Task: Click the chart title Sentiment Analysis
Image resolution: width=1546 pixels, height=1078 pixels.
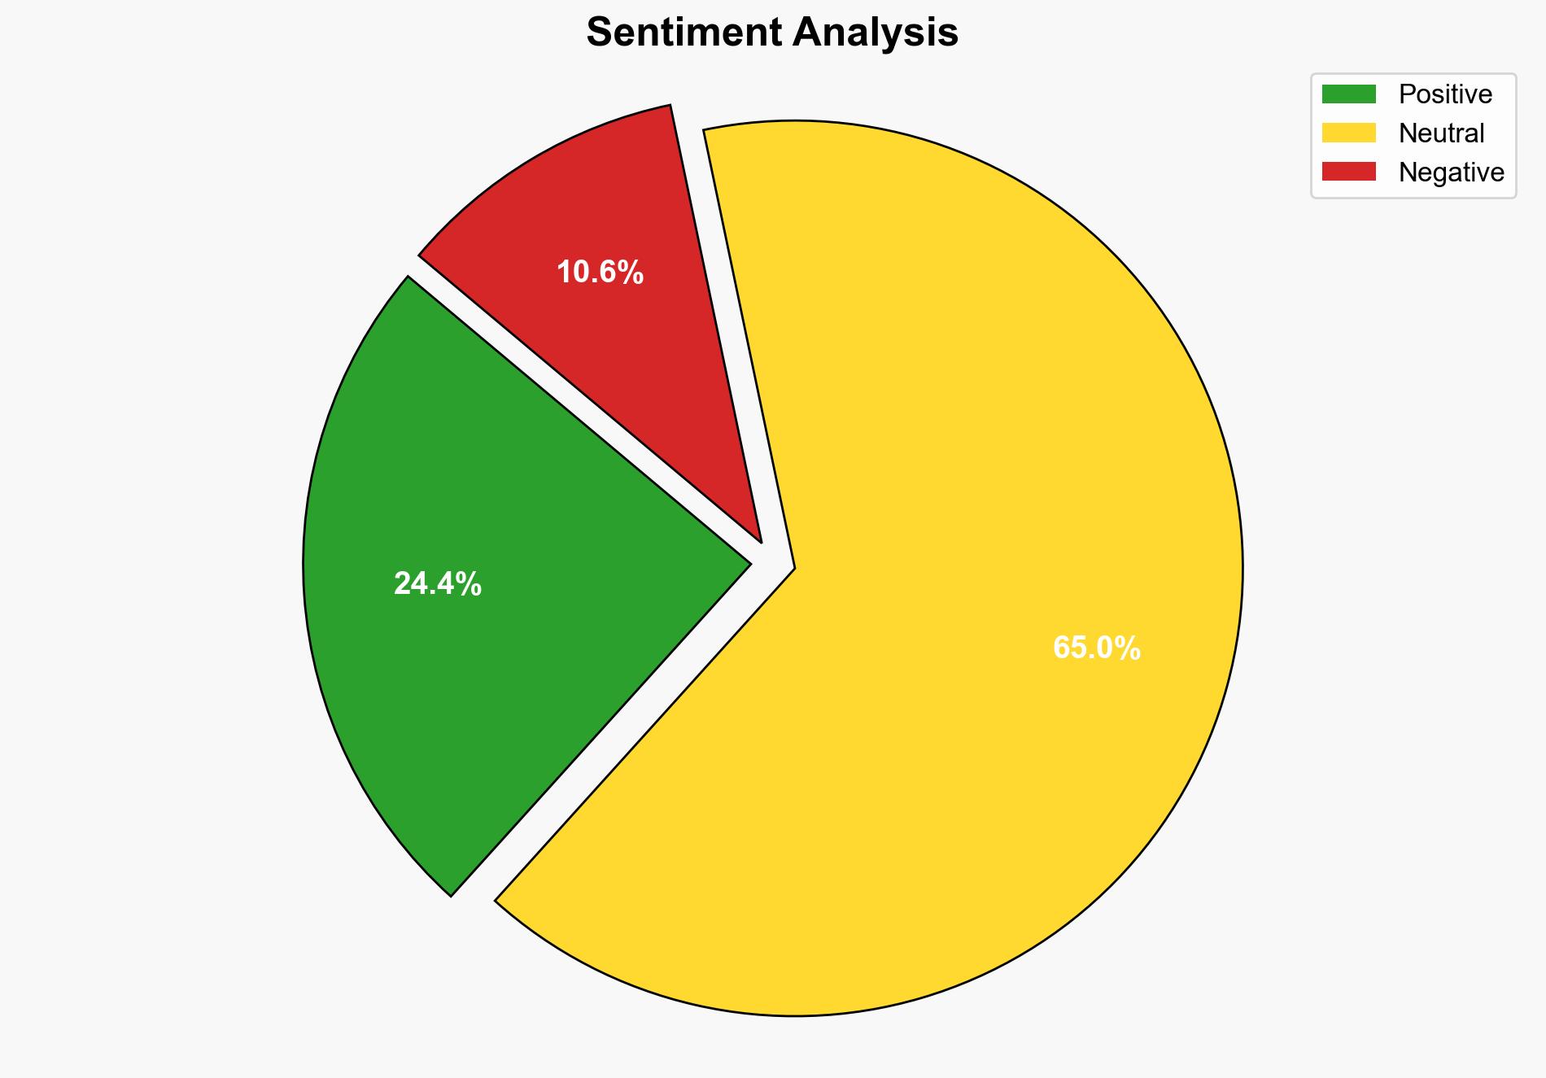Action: click(772, 33)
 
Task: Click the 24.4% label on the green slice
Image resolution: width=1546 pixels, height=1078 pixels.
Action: click(438, 584)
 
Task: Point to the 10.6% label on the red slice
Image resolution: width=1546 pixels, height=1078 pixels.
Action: click(600, 273)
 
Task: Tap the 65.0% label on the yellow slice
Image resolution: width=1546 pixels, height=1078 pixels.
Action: click(1097, 648)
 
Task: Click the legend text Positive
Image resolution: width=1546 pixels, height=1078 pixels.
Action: click(1445, 94)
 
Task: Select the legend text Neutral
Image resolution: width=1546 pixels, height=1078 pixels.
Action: click(1441, 133)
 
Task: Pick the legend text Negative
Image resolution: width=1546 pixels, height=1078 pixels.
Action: click(1451, 172)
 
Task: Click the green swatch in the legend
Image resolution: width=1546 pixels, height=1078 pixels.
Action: click(1348, 94)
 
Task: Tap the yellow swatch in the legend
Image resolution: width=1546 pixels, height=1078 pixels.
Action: click(1348, 133)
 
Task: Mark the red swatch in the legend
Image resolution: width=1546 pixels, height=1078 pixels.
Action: click(1348, 172)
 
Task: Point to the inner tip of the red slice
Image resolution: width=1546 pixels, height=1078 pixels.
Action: click(759, 539)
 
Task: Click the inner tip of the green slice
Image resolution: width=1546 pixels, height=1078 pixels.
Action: click(748, 561)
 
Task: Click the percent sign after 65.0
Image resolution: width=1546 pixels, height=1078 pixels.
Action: click(1129, 648)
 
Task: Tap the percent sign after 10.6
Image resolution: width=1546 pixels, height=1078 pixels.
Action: click(631, 273)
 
